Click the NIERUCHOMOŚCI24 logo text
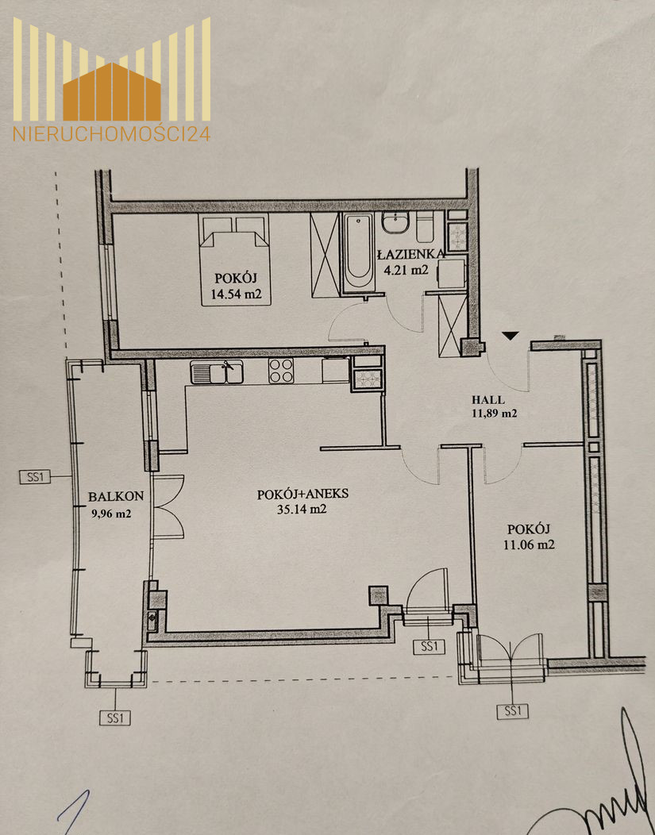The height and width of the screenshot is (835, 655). pyautogui.click(x=112, y=133)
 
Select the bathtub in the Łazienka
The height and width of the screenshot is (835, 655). pyautogui.click(x=358, y=252)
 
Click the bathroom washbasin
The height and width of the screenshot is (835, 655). pyautogui.click(x=395, y=222)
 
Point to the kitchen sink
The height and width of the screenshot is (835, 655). pyautogui.click(x=217, y=371)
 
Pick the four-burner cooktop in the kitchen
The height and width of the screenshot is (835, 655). pyautogui.click(x=281, y=370)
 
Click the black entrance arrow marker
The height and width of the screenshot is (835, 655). pyautogui.click(x=511, y=336)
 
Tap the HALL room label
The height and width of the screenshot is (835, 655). pyautogui.click(x=488, y=400)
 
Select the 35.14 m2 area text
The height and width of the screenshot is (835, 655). pyautogui.click(x=302, y=509)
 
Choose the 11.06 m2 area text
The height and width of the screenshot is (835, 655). pyautogui.click(x=528, y=544)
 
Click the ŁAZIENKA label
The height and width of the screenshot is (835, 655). pyautogui.click(x=410, y=254)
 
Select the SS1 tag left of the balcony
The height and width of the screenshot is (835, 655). pyautogui.click(x=35, y=476)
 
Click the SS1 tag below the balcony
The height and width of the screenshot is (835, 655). pyautogui.click(x=115, y=718)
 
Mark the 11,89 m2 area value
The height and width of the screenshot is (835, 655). pyautogui.click(x=494, y=414)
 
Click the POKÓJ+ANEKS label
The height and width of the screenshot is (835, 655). pyautogui.click(x=302, y=494)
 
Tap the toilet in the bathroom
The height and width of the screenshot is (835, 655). pyautogui.click(x=425, y=227)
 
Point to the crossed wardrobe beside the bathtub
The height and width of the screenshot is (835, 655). pyautogui.click(x=325, y=255)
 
